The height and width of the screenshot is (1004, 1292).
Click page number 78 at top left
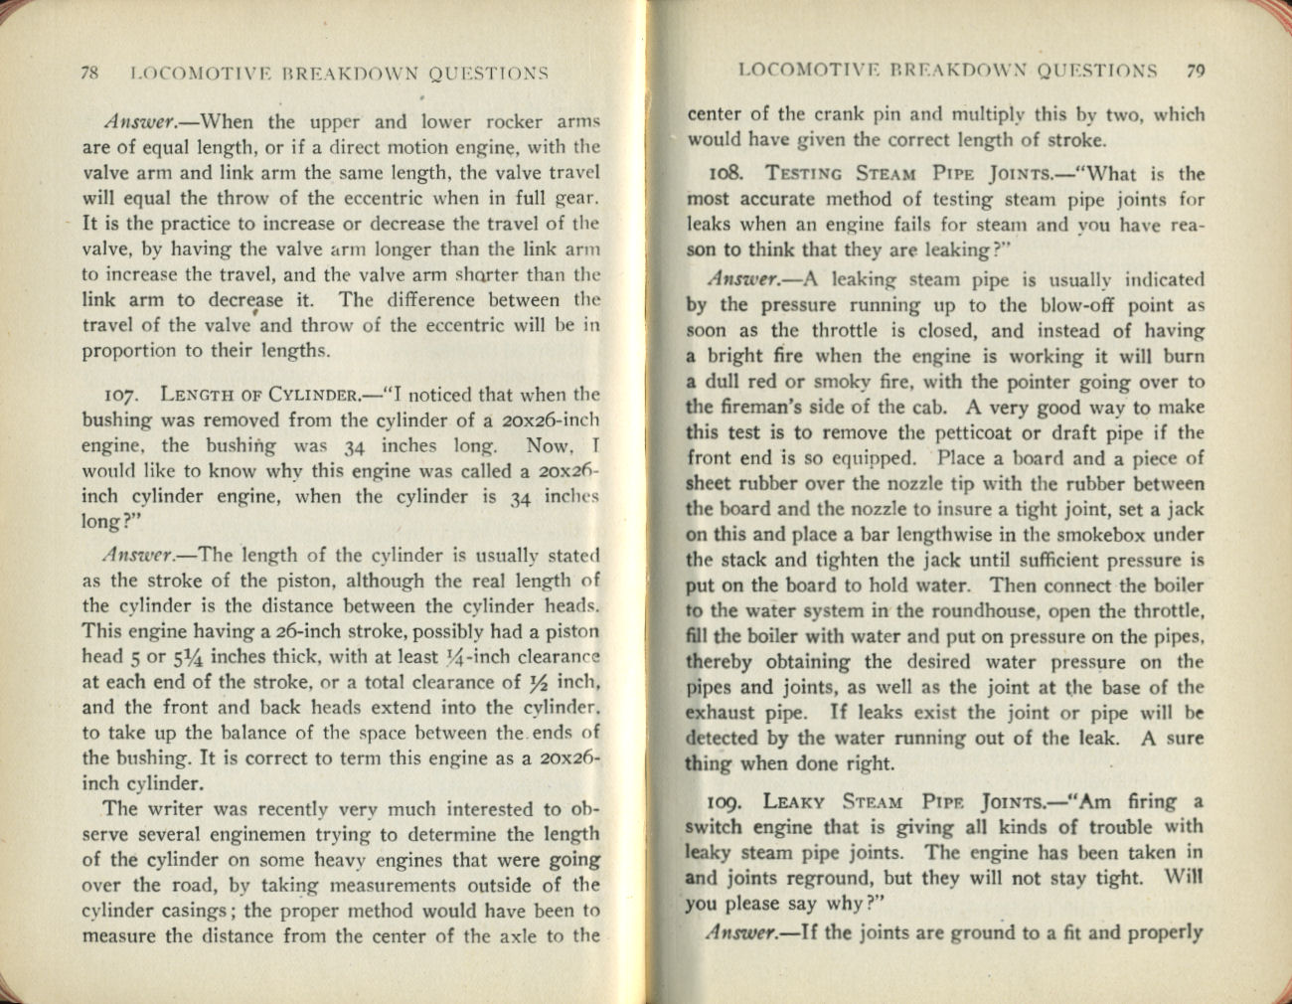click(87, 73)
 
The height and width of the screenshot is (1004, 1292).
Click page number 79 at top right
click(1196, 71)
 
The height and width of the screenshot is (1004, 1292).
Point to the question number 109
click(728, 802)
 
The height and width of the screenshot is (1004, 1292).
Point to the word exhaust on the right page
click(719, 713)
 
